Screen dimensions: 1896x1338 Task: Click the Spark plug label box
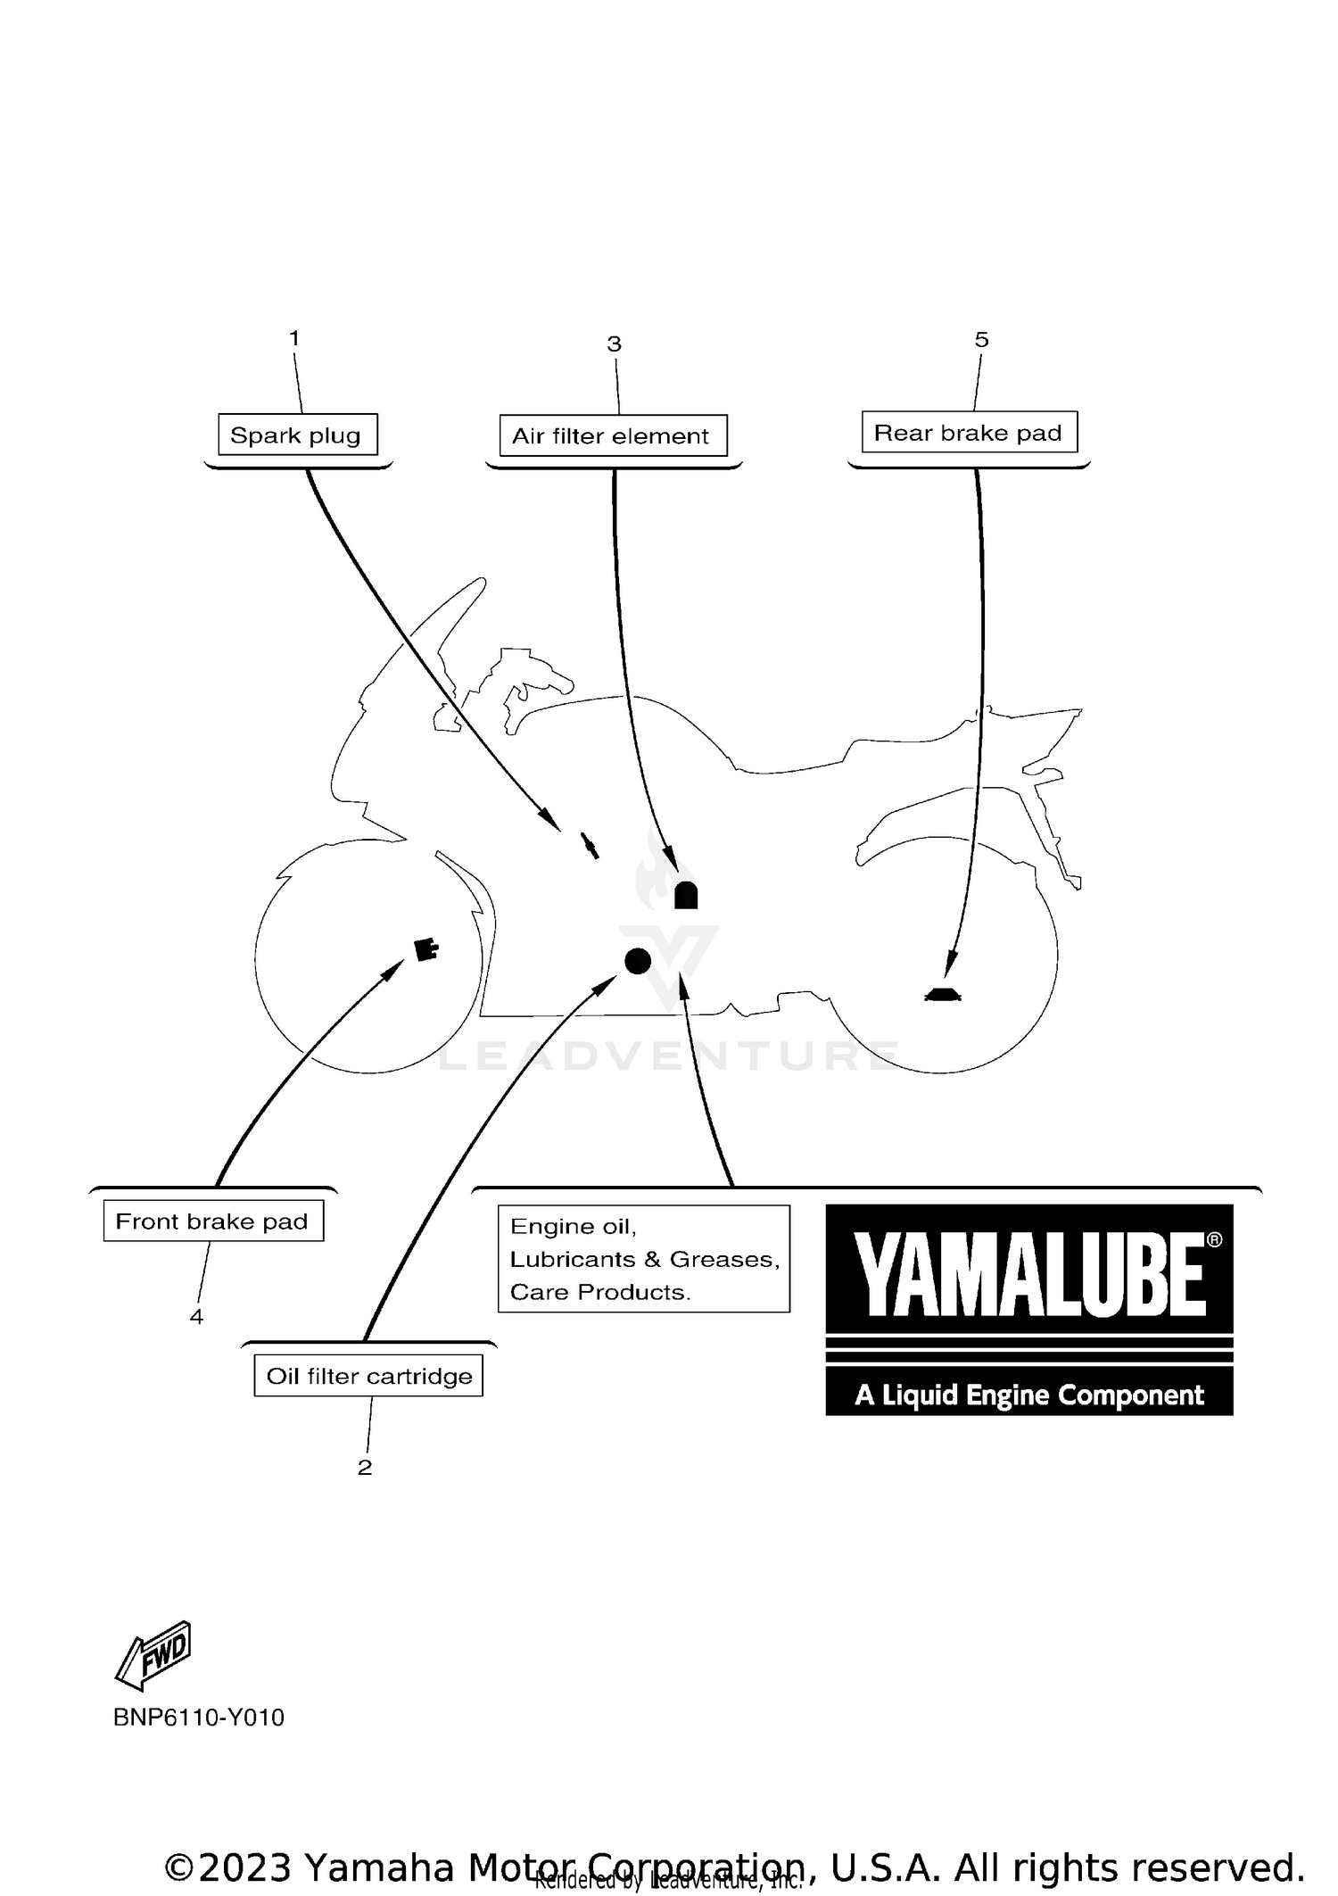point(297,435)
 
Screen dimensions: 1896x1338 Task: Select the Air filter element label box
point(613,435)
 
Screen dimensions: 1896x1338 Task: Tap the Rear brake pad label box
point(969,432)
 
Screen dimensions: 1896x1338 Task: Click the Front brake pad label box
point(213,1221)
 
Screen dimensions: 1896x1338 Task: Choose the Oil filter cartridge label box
point(368,1375)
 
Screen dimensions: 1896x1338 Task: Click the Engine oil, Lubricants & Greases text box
point(643,1258)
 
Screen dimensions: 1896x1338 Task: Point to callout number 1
point(294,338)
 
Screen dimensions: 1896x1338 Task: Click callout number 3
point(614,344)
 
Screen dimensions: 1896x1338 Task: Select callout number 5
point(981,339)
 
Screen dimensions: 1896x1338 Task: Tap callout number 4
point(196,1316)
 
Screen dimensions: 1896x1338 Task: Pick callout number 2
point(364,1467)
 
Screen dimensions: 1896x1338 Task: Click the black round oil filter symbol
point(637,960)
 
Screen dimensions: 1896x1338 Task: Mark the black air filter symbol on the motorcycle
point(685,895)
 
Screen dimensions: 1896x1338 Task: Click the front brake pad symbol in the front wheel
point(426,949)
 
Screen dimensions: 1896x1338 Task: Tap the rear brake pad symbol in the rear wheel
point(942,995)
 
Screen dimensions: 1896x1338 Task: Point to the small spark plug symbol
point(588,844)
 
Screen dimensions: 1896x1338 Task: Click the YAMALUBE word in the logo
point(1030,1275)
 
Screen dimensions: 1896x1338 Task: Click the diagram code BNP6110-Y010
point(198,1718)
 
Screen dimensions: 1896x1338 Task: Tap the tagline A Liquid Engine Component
point(1028,1395)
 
